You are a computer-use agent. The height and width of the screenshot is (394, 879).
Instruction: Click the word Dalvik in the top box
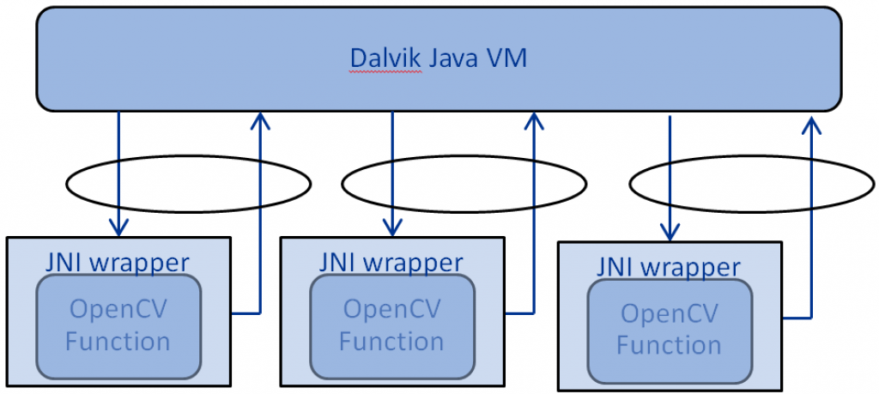(386, 58)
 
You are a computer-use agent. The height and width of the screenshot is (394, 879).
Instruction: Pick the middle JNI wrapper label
(391, 261)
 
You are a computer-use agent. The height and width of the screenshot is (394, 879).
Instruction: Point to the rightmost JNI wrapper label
(669, 266)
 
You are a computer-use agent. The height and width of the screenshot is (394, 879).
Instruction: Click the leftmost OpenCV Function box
(118, 326)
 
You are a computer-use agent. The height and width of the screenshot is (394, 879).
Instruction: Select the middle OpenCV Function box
(391, 326)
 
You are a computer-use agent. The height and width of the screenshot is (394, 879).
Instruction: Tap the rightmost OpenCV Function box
(669, 330)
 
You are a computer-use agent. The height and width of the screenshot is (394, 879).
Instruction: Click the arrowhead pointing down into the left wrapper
(118, 227)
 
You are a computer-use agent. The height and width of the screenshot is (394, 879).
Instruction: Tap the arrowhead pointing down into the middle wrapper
(393, 227)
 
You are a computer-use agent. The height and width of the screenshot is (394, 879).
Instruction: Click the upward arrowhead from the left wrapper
(258, 122)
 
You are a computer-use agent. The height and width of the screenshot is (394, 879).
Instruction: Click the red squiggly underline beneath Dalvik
(386, 72)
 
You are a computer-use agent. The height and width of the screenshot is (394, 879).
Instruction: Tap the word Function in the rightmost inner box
(669, 346)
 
